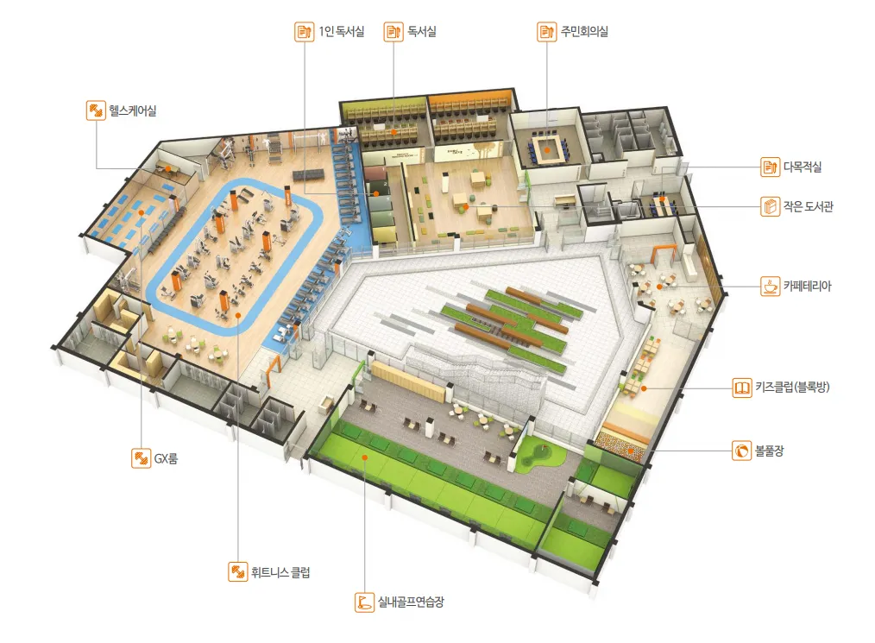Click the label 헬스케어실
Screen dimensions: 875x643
coord(132,110)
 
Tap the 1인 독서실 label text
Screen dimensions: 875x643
coord(341,31)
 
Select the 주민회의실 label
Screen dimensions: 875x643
coord(583,31)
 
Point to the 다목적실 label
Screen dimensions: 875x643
coord(802,167)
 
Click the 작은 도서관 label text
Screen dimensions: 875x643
coord(808,206)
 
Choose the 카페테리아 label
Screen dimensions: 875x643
coord(807,287)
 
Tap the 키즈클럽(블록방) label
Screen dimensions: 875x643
coord(792,387)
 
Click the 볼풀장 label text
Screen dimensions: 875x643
coord(769,451)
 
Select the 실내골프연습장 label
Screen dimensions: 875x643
coord(411,602)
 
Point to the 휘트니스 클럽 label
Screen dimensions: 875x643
coord(280,572)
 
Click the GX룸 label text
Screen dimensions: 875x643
coord(166,459)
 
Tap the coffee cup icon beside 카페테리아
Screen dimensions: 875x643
coord(770,287)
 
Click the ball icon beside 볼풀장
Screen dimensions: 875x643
coord(741,451)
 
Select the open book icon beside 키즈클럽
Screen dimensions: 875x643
coord(741,388)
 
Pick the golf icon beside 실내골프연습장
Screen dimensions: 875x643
coord(364,602)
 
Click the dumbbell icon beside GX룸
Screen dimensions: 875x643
coord(142,459)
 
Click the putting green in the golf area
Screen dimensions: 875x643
coord(540,456)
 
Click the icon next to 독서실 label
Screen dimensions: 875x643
coord(393,31)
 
